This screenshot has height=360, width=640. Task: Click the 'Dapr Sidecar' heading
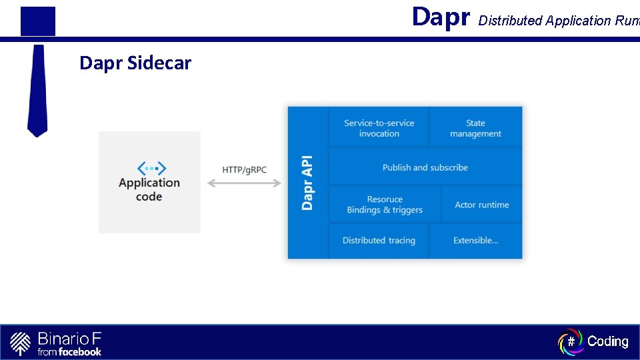pyautogui.click(x=135, y=63)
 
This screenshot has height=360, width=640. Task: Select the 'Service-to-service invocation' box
pyautogui.click(x=379, y=128)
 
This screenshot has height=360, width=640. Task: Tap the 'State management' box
pyautogui.click(x=475, y=128)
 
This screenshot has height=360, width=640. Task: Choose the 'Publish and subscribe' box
pyautogui.click(x=425, y=167)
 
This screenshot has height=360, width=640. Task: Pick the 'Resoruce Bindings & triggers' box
pyautogui.click(x=385, y=205)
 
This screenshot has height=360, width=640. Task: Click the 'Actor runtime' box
pyautogui.click(x=482, y=205)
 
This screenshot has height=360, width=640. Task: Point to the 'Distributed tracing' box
pyautogui.click(x=379, y=240)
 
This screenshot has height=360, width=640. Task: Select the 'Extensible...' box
pyautogui.click(x=475, y=240)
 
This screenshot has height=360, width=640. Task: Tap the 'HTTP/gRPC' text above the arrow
pyautogui.click(x=245, y=170)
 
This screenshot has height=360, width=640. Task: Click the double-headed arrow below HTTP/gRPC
pyautogui.click(x=245, y=183)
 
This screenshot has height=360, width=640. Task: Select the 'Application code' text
pyautogui.click(x=149, y=189)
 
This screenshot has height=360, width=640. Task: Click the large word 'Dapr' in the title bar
pyautogui.click(x=441, y=17)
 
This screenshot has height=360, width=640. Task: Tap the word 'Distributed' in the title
pyautogui.click(x=511, y=21)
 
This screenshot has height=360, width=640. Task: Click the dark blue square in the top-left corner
pyautogui.click(x=38, y=21)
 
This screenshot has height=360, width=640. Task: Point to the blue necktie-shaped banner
pyautogui.click(x=37, y=90)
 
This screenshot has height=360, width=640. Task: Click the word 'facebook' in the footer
pyautogui.click(x=80, y=351)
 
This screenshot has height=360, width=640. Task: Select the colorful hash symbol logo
pyautogui.click(x=570, y=341)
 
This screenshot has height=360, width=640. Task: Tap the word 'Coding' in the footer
pyautogui.click(x=608, y=341)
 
